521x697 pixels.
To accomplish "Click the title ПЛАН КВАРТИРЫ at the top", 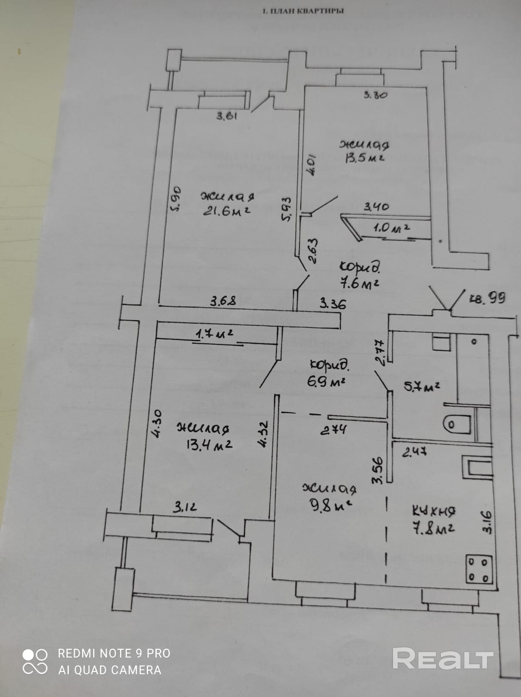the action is [x=303, y=11].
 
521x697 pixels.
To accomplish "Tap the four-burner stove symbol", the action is [x=479, y=569].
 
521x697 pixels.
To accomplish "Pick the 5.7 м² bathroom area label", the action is [x=422, y=386].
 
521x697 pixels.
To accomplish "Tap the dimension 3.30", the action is [x=375, y=94].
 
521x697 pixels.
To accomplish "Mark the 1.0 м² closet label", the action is [x=391, y=227].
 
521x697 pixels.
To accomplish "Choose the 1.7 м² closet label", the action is [x=214, y=334].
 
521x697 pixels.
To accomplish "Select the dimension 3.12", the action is [x=185, y=507].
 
